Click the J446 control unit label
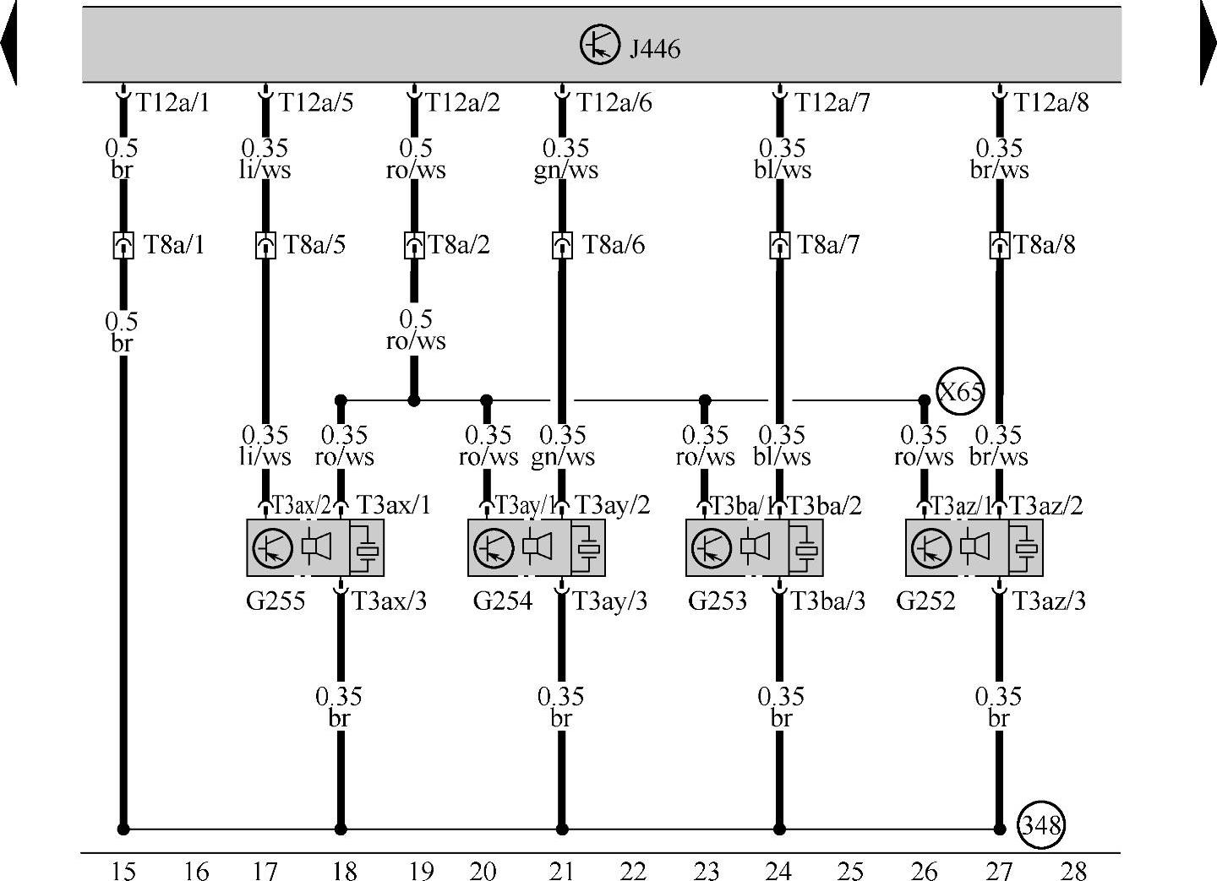tap(654, 49)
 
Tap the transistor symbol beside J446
tap(600, 44)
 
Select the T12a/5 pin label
tap(316, 103)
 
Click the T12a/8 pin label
tap(1051, 103)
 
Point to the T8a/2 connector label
tap(459, 246)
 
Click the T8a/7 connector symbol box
tap(780, 246)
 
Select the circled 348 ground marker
tap(1040, 824)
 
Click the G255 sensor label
tap(276, 601)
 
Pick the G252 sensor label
tap(925, 601)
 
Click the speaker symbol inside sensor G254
tap(537, 547)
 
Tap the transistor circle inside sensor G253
tap(712, 547)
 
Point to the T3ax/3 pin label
tap(389, 601)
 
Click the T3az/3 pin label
tap(1049, 601)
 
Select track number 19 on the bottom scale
tap(421, 870)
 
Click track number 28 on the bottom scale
tap(1072, 870)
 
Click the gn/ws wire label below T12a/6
tap(565, 171)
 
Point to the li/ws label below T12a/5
tap(265, 171)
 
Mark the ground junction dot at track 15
tap(123, 829)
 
